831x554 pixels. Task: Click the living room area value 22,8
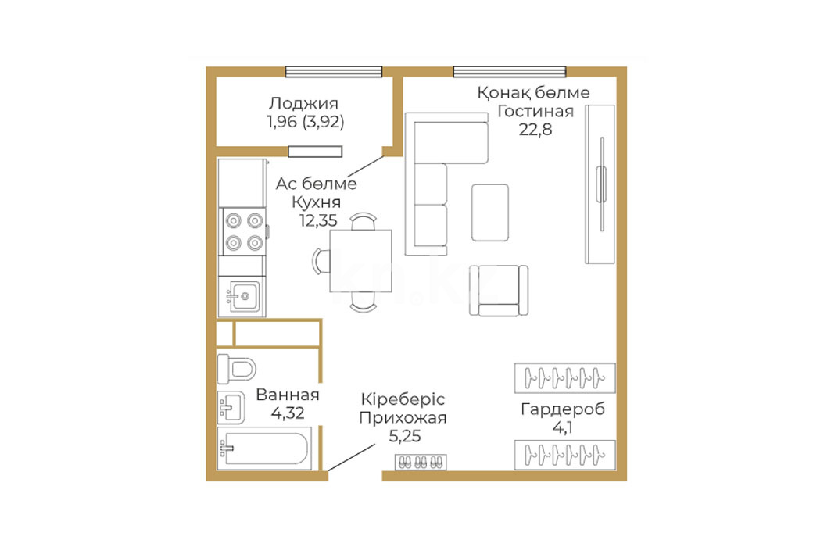(535, 129)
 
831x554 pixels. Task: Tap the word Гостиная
(535, 111)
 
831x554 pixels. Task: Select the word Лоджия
(303, 104)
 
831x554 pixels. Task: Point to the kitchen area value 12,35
(318, 220)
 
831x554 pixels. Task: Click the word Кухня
(317, 202)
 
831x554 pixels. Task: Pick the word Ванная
(288, 395)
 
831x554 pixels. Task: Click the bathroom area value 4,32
(288, 413)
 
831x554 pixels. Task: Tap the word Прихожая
(403, 418)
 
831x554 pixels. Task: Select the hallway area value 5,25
(405, 436)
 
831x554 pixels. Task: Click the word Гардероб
(563, 409)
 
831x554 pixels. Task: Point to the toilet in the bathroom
(237, 368)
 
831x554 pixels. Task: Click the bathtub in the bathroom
(264, 449)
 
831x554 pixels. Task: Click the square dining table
(360, 261)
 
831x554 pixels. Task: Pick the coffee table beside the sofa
(490, 213)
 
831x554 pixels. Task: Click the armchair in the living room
(499, 291)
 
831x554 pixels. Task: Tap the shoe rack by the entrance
(421, 463)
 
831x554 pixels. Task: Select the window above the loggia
(334, 72)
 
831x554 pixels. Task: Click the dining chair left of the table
(320, 261)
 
